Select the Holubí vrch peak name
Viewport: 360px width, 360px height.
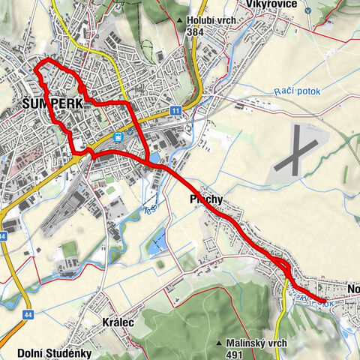click(x=211, y=20)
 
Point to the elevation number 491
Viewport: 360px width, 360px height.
click(x=238, y=355)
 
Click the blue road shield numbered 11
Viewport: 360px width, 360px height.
click(x=175, y=110)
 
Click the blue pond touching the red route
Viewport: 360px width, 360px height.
click(x=154, y=158)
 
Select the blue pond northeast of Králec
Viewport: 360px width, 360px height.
click(x=154, y=244)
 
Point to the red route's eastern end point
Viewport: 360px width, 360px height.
click(x=325, y=301)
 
